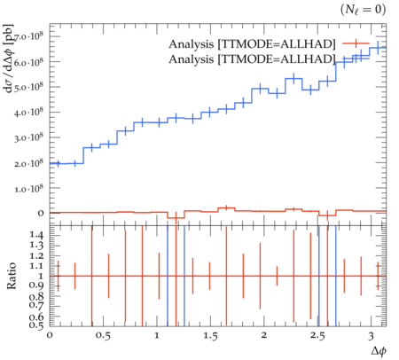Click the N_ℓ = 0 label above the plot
363,10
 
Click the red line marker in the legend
356,43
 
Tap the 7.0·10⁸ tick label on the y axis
28,36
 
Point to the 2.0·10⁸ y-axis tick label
28,163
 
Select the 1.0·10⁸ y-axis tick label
28,188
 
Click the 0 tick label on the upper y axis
41,213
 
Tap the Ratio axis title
11,276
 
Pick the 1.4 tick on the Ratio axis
36,235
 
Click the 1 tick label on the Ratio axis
41,276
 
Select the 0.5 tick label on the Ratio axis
36,325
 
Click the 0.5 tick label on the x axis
103,336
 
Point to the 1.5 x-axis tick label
210,336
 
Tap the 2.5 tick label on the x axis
317,336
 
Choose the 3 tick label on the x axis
372,336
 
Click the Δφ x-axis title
379,351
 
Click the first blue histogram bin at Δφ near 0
59,163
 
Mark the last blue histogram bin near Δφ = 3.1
378,48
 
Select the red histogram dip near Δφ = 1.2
176,218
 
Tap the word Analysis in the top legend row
191,44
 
